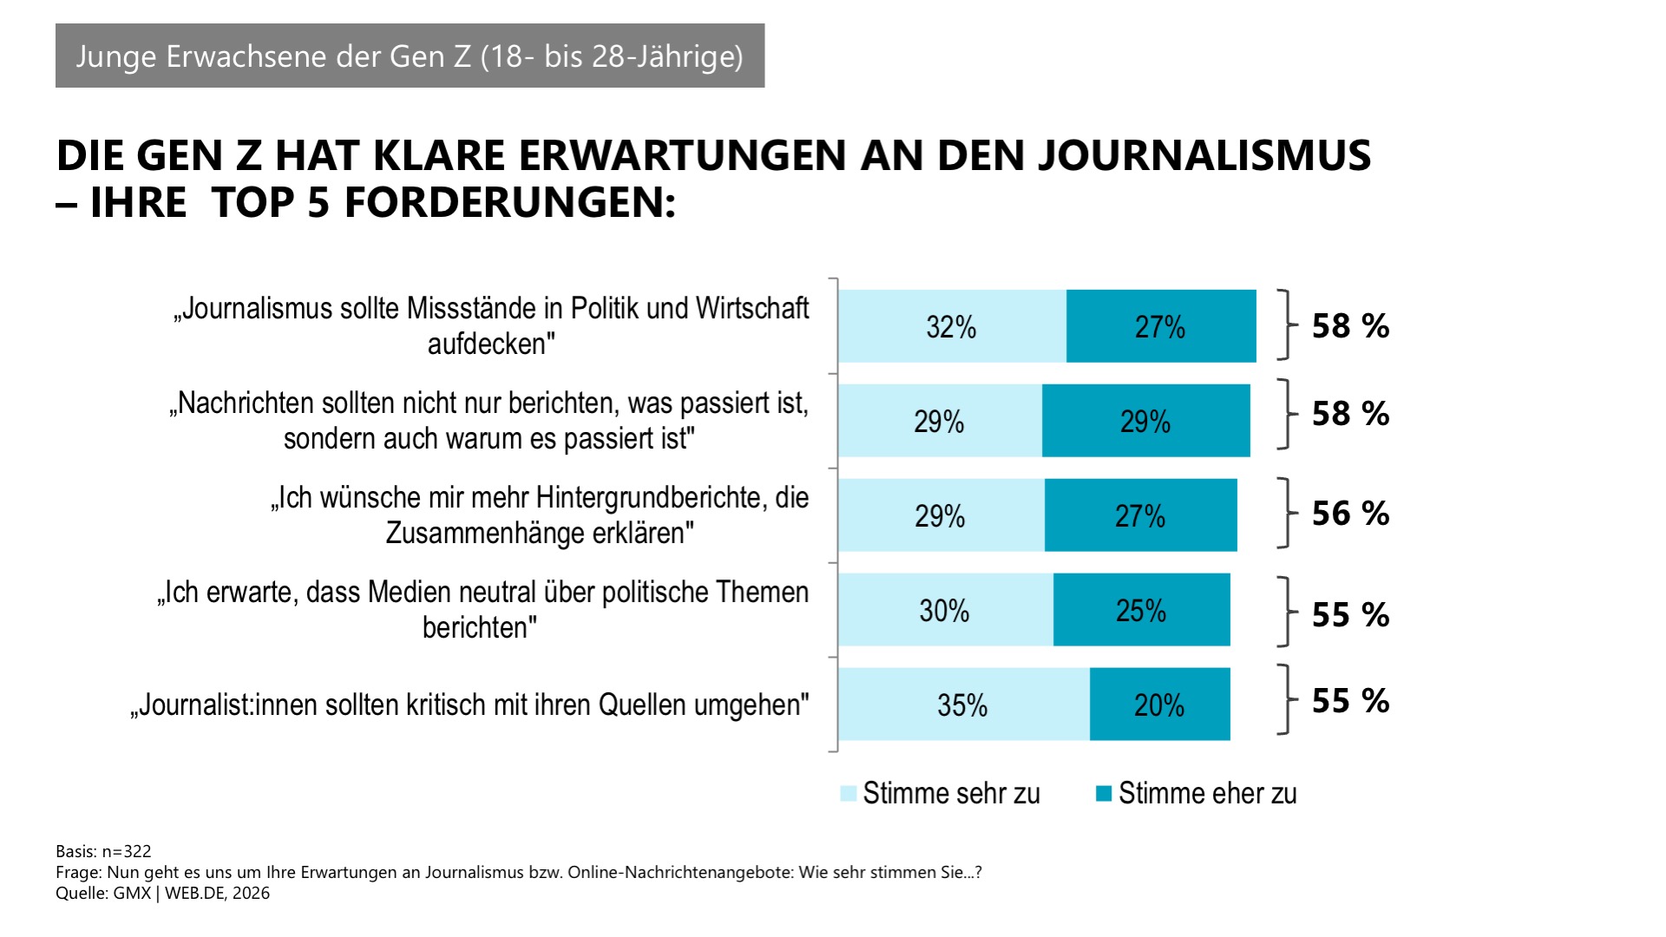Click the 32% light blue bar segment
952,326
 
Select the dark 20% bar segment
1159,704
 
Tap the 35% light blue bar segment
963,704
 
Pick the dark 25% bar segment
1141,610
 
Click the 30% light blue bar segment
945,610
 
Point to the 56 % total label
1350,514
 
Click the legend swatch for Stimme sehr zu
849,793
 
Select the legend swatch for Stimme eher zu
1104,793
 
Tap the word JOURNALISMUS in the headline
1204,156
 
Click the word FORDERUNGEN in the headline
503,204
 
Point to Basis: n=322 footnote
103,851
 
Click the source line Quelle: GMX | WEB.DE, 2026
162,894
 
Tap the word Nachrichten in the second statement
246,403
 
